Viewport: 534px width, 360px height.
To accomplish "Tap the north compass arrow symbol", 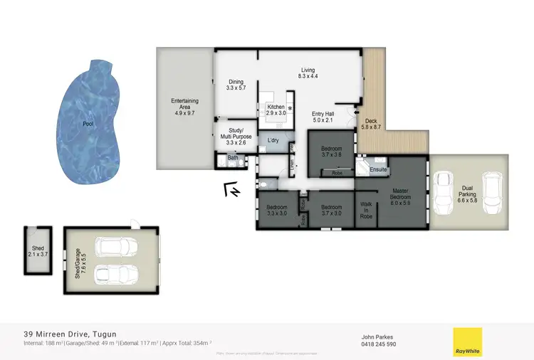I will (232, 190).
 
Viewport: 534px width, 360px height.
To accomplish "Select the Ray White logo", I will (467, 342).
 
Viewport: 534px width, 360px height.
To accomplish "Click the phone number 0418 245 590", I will (379, 344).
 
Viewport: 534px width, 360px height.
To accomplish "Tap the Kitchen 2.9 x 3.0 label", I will (276, 110).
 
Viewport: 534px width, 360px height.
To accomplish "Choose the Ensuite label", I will (378, 170).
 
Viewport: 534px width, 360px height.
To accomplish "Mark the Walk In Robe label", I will (367, 208).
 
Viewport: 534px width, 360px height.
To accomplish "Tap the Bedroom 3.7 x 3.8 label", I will (331, 151).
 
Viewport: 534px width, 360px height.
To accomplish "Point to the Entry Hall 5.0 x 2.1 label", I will (323, 117).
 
